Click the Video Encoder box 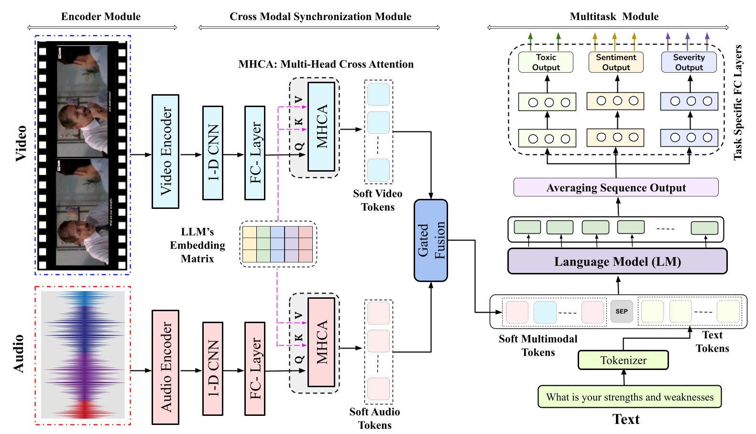(x=165, y=151)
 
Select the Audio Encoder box (x=165, y=367)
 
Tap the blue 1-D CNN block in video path (x=213, y=152)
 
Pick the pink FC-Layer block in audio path (x=254, y=369)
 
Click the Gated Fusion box (x=430, y=240)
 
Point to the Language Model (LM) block (x=617, y=261)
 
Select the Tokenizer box (x=623, y=360)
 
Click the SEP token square (x=621, y=311)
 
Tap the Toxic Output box (x=546, y=62)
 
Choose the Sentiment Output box (x=616, y=62)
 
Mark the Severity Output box (x=689, y=62)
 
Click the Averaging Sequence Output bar (x=616, y=187)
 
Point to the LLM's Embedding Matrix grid (x=277, y=244)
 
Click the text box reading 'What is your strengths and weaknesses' (x=629, y=397)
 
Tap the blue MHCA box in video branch (x=321, y=127)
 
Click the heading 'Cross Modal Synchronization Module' (x=320, y=17)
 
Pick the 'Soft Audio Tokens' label (x=374, y=418)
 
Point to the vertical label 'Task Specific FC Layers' (x=738, y=102)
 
